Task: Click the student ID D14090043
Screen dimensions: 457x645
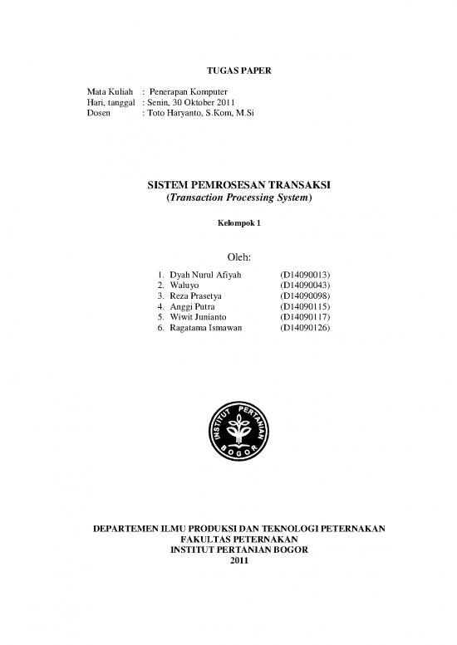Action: coord(307,285)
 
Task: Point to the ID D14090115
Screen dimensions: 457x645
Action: coord(307,306)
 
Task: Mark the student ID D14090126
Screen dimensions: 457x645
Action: coord(307,329)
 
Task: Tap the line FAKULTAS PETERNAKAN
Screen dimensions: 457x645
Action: coord(227,538)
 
